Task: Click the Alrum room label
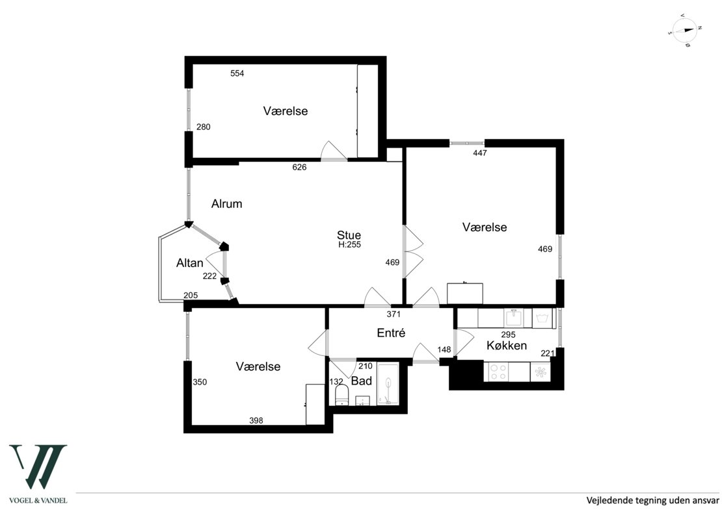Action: point(226,204)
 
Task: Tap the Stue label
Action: point(349,235)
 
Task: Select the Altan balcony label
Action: point(190,262)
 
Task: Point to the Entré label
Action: point(391,333)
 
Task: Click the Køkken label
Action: point(507,346)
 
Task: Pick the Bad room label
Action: point(362,381)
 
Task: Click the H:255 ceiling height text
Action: point(349,245)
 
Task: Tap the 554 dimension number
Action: point(237,73)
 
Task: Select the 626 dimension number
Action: point(299,167)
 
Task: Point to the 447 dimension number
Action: point(480,153)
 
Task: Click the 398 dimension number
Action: point(256,420)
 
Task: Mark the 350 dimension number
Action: point(200,382)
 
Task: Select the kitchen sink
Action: point(513,318)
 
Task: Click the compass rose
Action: point(685,31)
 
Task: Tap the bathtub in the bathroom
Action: point(388,384)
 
